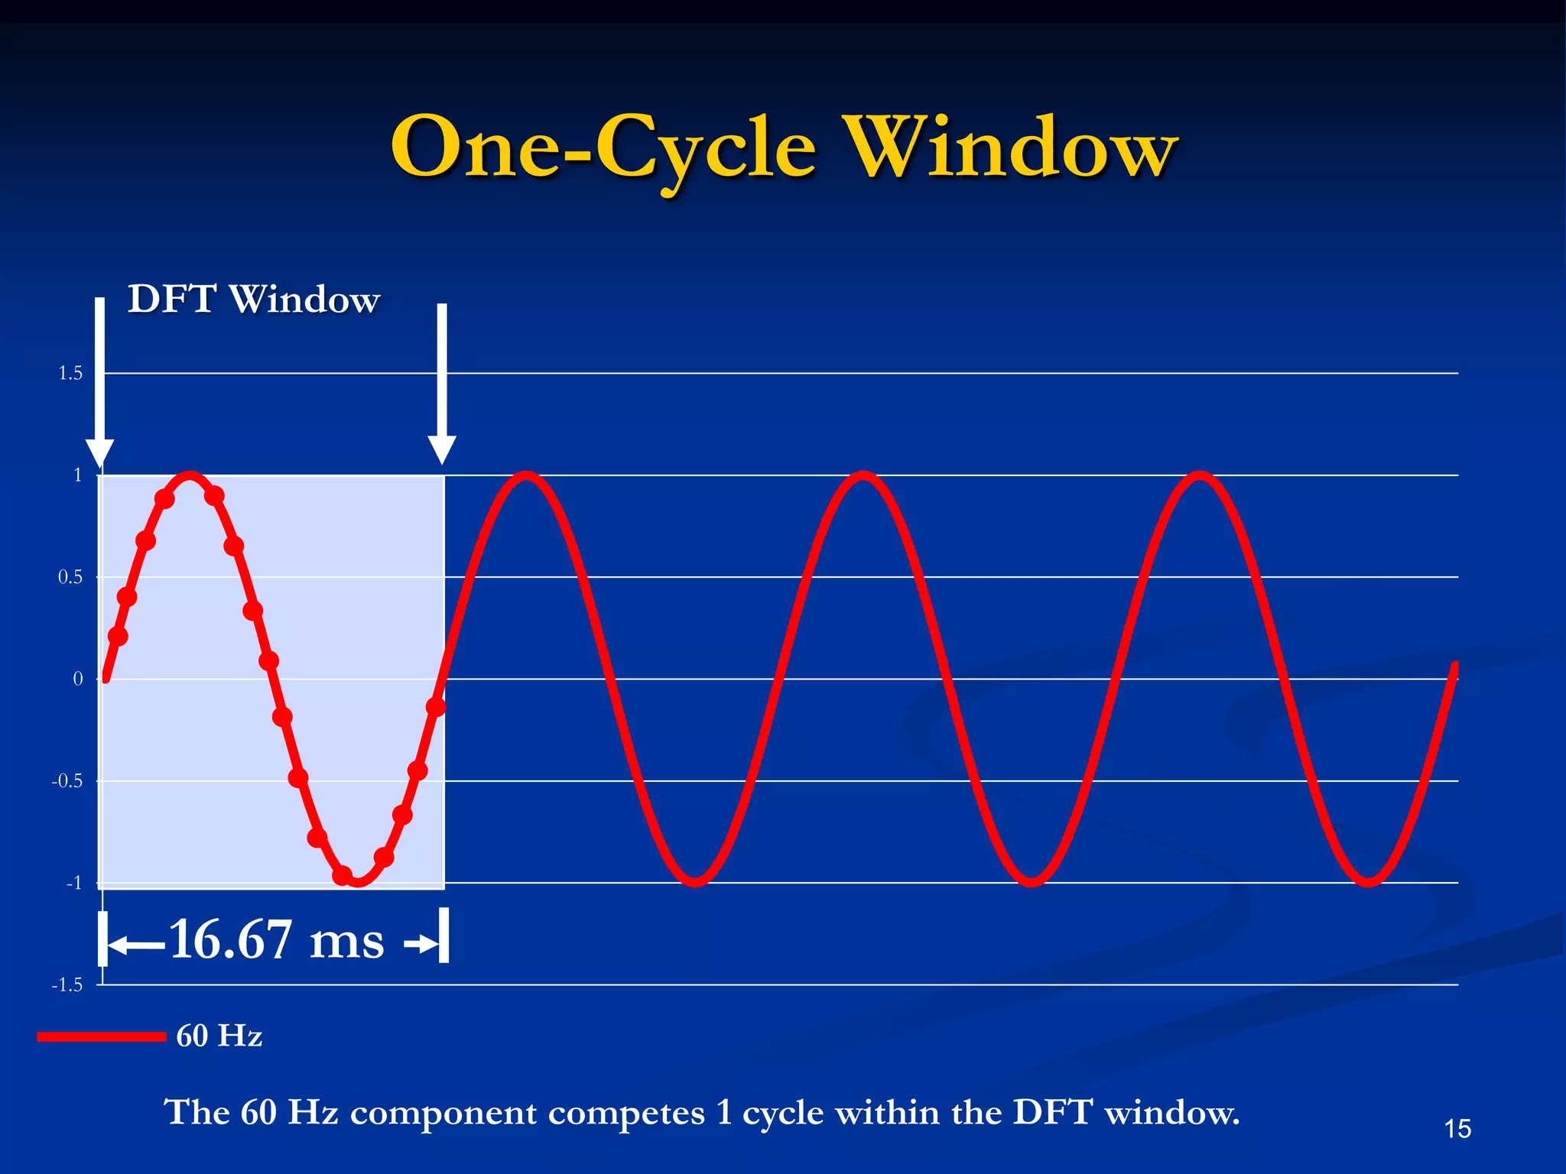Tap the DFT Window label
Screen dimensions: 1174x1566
[x=253, y=299]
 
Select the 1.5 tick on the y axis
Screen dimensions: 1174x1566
[x=70, y=373]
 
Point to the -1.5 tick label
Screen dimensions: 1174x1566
[x=67, y=984]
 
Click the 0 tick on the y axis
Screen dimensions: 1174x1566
[x=78, y=679]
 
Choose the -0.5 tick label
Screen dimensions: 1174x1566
[x=67, y=781]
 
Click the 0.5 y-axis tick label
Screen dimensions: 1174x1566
[x=70, y=577]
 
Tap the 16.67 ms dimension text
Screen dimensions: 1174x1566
[x=276, y=939]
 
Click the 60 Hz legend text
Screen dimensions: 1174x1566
[x=219, y=1036]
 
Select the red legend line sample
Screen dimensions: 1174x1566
[x=101, y=1036]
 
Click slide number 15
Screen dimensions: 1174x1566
[x=1457, y=1129]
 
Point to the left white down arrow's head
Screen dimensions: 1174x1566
[x=100, y=452]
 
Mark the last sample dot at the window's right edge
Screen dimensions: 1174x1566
[x=436, y=707]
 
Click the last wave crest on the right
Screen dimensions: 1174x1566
[x=1200, y=478]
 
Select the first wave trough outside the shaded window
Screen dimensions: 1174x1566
[x=695, y=880]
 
